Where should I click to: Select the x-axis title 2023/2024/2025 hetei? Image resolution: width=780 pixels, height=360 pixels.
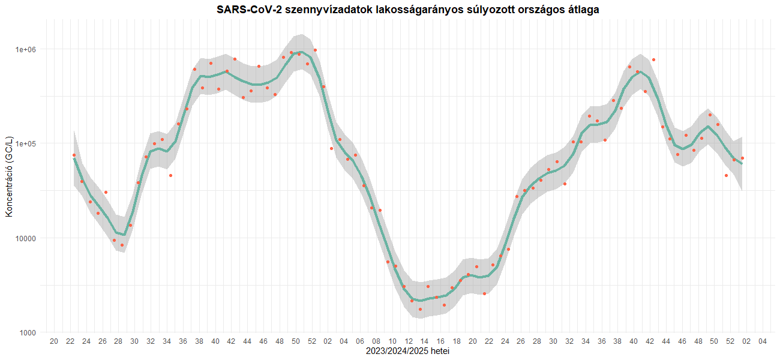pyautogui.click(x=408, y=351)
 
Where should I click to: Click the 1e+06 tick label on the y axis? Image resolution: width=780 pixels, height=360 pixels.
pyautogui.click(x=26, y=49)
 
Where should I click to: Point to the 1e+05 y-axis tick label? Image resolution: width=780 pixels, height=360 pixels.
pyautogui.click(x=26, y=144)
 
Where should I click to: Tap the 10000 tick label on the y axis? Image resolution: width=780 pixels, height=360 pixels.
pyautogui.click(x=28, y=238)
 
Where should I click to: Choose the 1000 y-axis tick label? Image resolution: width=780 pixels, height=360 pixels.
pyautogui.click(x=29, y=333)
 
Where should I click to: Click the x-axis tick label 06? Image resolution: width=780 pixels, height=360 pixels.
pyautogui.click(x=360, y=342)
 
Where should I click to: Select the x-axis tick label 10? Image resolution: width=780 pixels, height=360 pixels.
pyautogui.click(x=392, y=342)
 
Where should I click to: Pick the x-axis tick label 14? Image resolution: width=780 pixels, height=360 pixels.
pyautogui.click(x=425, y=342)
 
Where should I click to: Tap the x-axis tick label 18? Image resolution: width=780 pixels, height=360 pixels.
pyautogui.click(x=457, y=342)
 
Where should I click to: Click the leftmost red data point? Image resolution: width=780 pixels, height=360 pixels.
pyautogui.click(x=74, y=155)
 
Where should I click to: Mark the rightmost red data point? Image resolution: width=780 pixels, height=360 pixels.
pyautogui.click(x=742, y=158)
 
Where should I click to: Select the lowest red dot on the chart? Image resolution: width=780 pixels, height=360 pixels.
pyautogui.click(x=420, y=309)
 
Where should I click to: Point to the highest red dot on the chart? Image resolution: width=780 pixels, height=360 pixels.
pyautogui.click(x=316, y=50)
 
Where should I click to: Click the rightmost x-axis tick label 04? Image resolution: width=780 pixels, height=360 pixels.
pyautogui.click(x=762, y=342)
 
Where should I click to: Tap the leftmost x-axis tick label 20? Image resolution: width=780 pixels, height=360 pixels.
pyautogui.click(x=54, y=342)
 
